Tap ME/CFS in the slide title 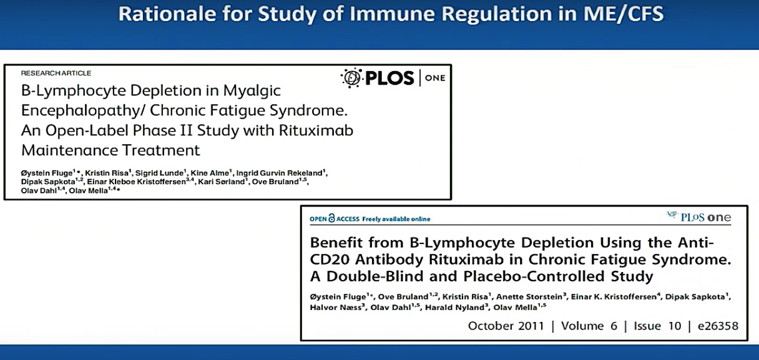point(623,14)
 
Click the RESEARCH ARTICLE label point(56,73)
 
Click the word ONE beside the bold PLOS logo point(435,78)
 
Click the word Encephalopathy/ point(81,111)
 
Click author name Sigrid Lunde point(160,173)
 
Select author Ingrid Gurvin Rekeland point(279,173)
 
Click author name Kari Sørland point(221,182)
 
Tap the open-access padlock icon point(331,218)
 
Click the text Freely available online point(396,219)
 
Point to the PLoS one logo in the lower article point(698,217)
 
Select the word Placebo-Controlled point(534,276)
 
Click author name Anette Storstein point(529,297)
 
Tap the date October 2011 point(506,326)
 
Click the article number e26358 point(718,326)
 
